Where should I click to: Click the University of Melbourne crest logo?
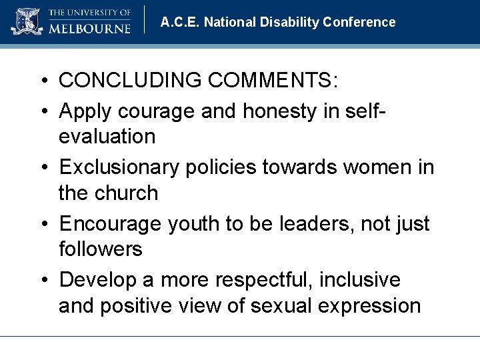(26, 21)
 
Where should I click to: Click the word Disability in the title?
(287, 22)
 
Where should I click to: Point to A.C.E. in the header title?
(180, 22)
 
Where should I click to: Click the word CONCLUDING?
(131, 81)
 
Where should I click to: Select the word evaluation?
(107, 137)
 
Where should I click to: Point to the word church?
(127, 193)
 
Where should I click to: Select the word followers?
(101, 250)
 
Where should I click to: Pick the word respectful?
(258, 279)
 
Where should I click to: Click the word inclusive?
(360, 279)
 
